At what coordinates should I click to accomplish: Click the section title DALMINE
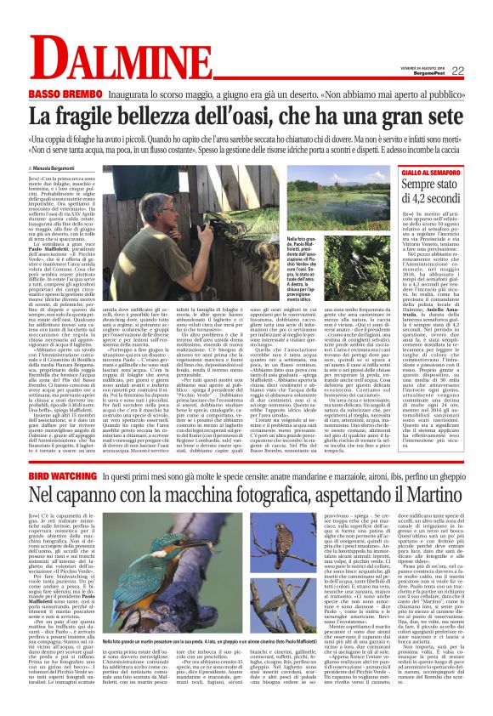(x=127, y=63)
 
